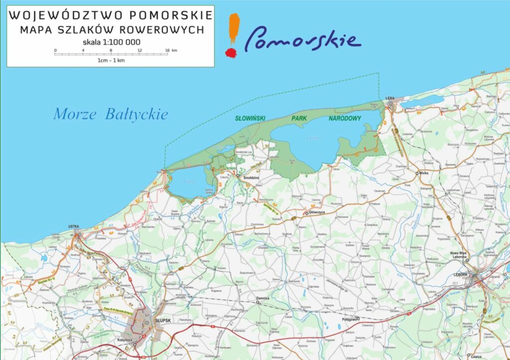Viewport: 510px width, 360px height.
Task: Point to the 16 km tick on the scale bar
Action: pyautogui.click(x=167, y=50)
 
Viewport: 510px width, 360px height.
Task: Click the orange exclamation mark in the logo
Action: pyautogui.click(x=232, y=35)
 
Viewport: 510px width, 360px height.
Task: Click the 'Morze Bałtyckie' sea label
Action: pyautogui.click(x=111, y=115)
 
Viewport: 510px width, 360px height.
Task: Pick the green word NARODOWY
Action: pyautogui.click(x=345, y=119)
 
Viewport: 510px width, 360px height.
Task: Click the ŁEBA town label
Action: pyautogui.click(x=390, y=99)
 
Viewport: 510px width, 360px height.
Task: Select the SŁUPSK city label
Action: pyautogui.click(x=163, y=321)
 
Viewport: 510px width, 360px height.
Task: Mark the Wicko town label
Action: pyautogui.click(x=424, y=173)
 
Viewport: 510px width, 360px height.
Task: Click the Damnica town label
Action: pyautogui.click(x=262, y=298)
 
